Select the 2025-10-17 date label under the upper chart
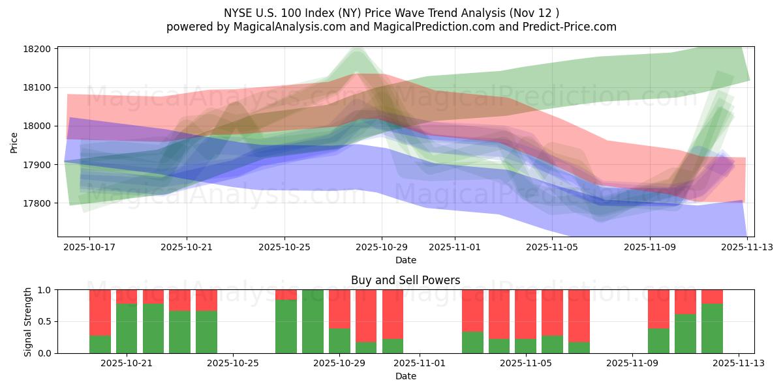(x=89, y=248)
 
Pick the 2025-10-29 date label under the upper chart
(x=382, y=248)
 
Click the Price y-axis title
(x=14, y=141)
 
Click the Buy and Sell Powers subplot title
(x=405, y=280)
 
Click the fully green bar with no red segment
(x=313, y=321)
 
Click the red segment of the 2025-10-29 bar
(x=339, y=309)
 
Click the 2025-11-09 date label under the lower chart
(x=632, y=364)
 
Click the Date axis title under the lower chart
(x=405, y=376)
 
